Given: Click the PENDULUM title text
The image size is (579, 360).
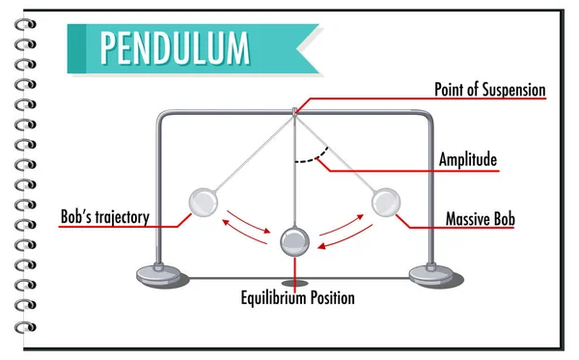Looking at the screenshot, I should (x=173, y=46).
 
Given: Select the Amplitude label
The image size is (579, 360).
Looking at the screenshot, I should (x=468, y=159).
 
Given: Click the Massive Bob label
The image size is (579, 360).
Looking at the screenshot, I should (x=480, y=220).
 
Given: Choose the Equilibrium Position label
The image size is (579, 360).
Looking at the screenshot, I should (x=297, y=298).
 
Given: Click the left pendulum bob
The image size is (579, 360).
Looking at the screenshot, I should (x=204, y=203).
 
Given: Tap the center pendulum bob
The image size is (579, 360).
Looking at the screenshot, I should (x=294, y=241).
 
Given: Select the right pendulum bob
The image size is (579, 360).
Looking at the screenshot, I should (x=386, y=203).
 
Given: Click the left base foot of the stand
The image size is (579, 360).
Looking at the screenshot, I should (x=155, y=273).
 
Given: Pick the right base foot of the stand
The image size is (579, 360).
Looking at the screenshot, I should (x=431, y=273).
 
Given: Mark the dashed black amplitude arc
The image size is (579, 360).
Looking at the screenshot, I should (x=312, y=156).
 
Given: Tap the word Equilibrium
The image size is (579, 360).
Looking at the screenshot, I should (x=273, y=298).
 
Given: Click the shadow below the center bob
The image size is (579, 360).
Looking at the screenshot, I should (x=295, y=284).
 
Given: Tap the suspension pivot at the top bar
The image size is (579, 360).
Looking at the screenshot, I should (x=294, y=113).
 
